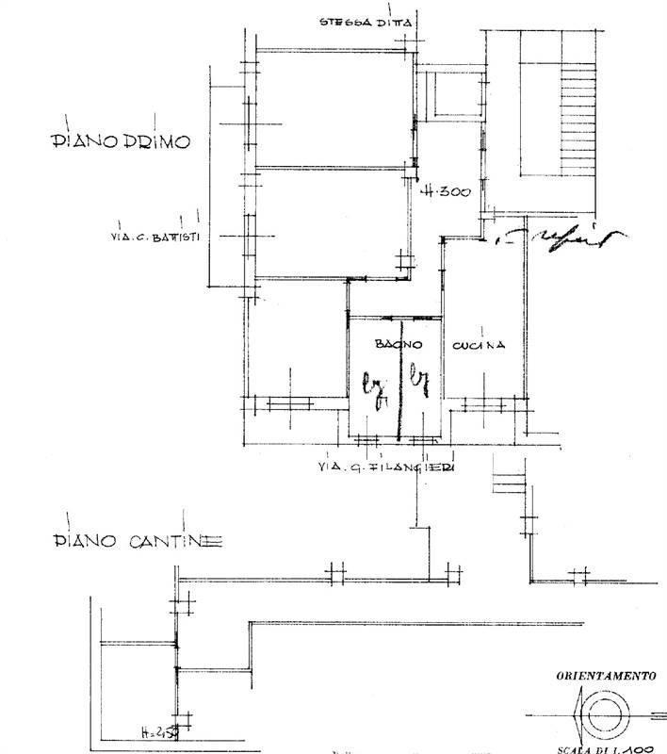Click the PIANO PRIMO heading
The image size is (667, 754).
coord(120,141)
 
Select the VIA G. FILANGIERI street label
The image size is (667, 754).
coord(387,467)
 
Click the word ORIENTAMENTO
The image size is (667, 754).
coord(605,675)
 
